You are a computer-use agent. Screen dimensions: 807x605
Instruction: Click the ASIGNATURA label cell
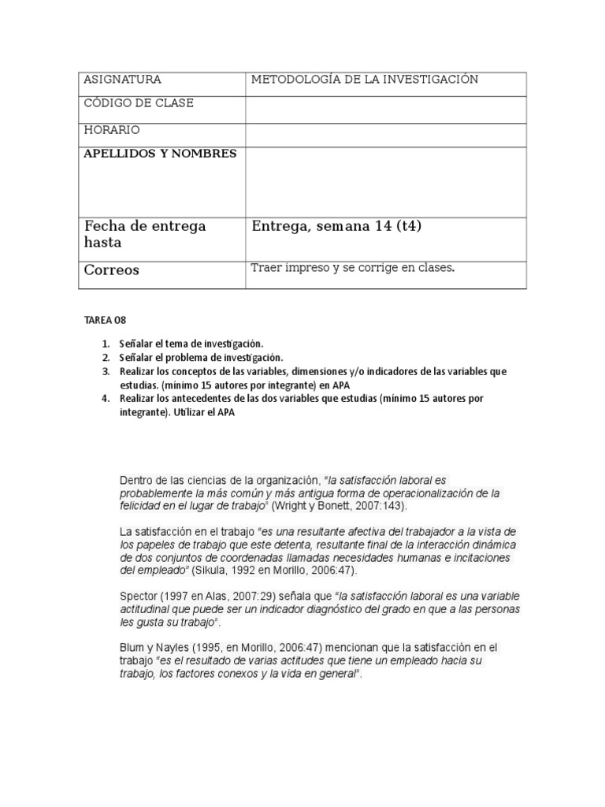pos(122,80)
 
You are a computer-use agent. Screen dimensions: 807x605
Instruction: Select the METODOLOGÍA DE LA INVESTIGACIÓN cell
pos(364,80)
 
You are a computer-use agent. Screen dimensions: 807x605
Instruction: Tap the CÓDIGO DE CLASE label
pos(139,104)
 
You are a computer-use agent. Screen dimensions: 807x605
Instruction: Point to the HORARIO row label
pos(112,130)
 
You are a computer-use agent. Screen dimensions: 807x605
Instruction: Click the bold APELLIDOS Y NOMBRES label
pos(160,154)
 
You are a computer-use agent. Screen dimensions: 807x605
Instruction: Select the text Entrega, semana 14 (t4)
pos(336,227)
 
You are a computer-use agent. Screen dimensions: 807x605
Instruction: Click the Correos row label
pos(111,270)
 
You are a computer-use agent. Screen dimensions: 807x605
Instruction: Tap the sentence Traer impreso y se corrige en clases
pos(353,268)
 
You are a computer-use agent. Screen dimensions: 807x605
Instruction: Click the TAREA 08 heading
pos(105,321)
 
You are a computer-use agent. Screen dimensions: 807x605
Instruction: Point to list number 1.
pos(105,344)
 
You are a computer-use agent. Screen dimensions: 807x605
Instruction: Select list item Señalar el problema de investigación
pos(201,358)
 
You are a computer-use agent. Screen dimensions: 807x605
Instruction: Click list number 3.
pos(105,371)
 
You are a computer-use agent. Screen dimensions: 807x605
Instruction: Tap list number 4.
pos(105,399)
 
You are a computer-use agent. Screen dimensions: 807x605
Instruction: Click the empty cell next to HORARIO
pos(385,135)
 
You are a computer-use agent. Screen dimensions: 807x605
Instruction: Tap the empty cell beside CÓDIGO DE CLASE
pos(385,109)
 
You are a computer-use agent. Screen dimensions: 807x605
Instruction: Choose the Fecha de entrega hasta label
pos(145,235)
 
